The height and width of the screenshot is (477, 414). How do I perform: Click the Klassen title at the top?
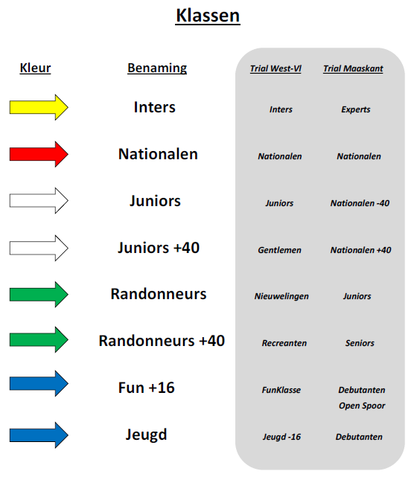(208, 16)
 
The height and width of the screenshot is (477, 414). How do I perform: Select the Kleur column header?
(35, 68)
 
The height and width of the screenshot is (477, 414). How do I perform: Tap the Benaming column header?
(157, 68)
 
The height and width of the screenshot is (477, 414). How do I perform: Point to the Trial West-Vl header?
(276, 68)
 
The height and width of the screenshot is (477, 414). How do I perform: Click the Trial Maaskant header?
(353, 68)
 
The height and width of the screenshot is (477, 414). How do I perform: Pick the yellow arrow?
(39, 107)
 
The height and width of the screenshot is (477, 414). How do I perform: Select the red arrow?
(39, 154)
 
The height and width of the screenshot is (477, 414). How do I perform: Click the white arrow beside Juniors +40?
(39, 248)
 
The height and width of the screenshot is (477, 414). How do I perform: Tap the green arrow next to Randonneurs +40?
(39, 340)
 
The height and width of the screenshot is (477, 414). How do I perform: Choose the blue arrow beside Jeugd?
(39, 435)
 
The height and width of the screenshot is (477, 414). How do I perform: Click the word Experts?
(356, 109)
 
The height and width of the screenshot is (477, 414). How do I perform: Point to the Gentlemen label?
(279, 250)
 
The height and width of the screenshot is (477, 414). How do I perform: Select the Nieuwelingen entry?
(281, 297)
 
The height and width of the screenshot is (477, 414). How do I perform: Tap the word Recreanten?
(284, 343)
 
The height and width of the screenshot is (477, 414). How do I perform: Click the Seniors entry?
(360, 343)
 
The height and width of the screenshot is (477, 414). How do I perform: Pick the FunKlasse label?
(281, 390)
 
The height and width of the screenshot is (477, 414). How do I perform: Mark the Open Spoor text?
(362, 406)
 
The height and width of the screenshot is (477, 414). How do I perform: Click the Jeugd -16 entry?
(281, 437)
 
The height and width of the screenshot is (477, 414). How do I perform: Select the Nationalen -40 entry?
(360, 203)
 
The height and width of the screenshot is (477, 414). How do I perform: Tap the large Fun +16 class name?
(147, 388)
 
